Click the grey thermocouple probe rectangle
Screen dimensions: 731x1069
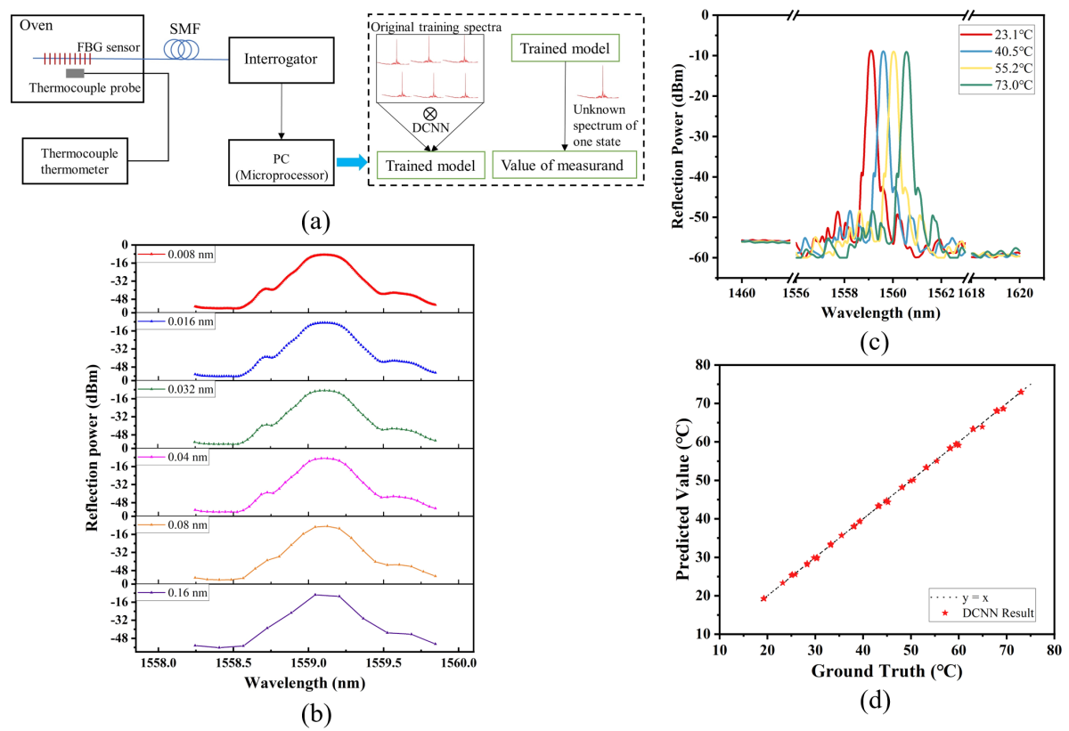pos(75,73)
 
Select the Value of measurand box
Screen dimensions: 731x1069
pos(563,165)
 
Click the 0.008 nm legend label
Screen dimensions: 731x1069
pos(187,255)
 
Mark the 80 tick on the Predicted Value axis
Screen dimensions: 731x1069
pos(703,365)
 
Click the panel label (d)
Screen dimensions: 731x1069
pos(875,702)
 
